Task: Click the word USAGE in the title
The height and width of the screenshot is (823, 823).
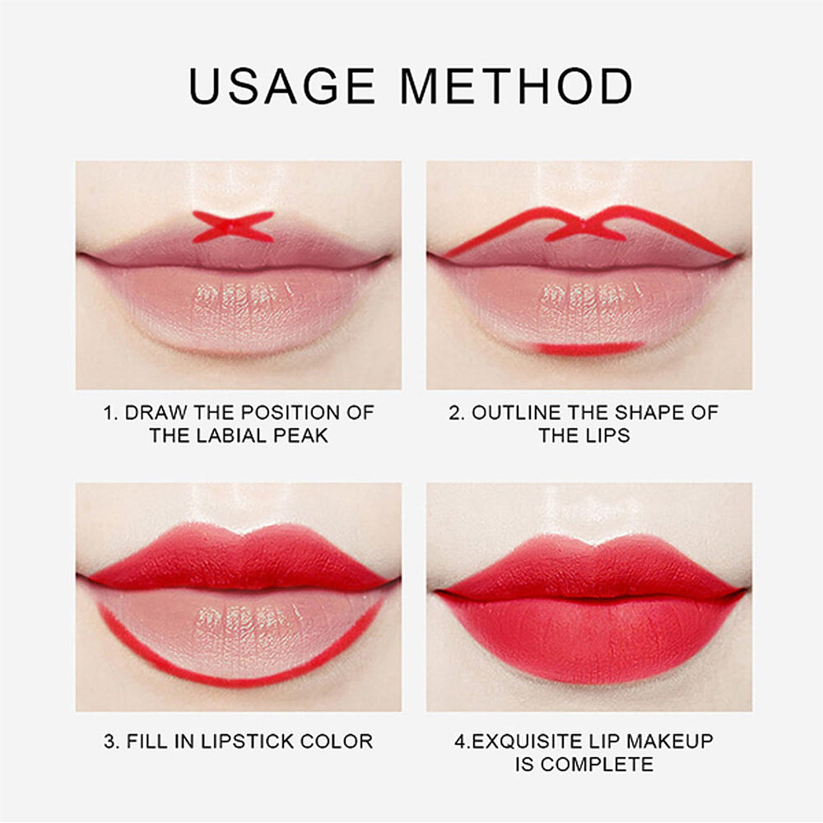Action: click(x=281, y=86)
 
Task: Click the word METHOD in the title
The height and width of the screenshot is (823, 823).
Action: click(x=516, y=86)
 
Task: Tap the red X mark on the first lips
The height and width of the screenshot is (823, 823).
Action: click(x=233, y=227)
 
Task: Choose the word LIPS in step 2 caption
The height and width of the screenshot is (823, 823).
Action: click(x=608, y=435)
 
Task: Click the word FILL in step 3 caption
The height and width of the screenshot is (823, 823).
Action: click(x=146, y=742)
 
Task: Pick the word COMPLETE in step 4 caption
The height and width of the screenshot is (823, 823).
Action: click(x=597, y=765)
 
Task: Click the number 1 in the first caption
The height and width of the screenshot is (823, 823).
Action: click(x=109, y=412)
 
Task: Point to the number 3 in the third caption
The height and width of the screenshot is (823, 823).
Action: click(x=109, y=742)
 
